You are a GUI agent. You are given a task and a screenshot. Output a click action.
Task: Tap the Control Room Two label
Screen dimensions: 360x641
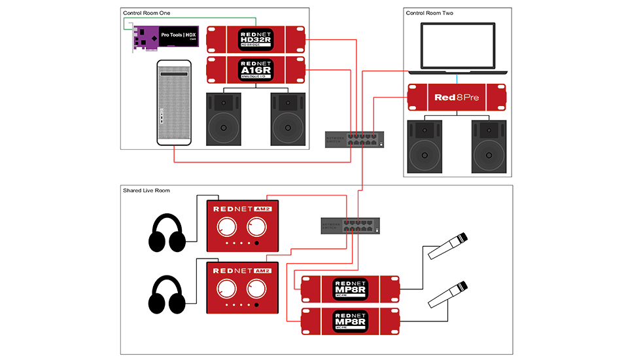pos(429,13)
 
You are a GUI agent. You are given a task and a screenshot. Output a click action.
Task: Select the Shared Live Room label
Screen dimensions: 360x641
pos(147,190)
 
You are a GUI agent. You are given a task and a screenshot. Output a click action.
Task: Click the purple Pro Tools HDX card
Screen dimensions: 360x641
pos(164,37)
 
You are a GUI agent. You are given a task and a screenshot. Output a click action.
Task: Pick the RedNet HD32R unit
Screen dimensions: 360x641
pos(256,39)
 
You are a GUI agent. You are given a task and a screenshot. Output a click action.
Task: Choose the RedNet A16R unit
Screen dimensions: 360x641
pos(256,70)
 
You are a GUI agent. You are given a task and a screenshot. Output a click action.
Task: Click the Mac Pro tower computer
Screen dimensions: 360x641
pos(174,103)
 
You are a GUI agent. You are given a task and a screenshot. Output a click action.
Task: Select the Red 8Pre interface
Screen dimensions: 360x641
pos(458,98)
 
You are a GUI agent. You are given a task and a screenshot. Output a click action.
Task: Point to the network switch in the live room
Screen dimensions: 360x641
pos(349,226)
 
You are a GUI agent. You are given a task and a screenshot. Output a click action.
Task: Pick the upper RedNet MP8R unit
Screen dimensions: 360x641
pos(350,289)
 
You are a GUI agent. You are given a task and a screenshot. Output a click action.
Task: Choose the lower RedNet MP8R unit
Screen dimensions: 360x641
pos(350,321)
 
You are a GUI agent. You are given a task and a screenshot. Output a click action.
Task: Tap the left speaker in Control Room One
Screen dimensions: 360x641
pos(224,118)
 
